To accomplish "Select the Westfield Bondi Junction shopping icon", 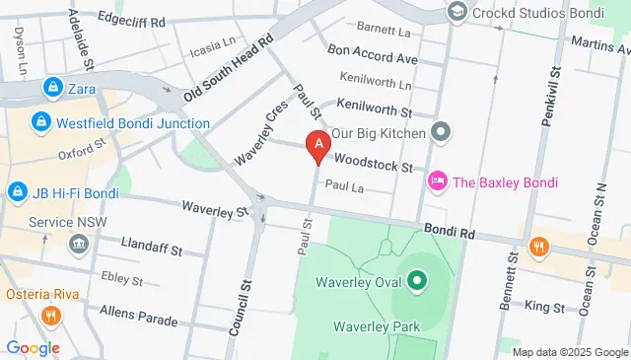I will pyautogui.click(x=40, y=123).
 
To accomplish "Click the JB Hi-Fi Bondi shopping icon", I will pyautogui.click(x=16, y=190).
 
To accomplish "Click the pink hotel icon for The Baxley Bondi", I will pyautogui.click(x=437, y=181).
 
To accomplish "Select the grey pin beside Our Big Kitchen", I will pyautogui.click(x=441, y=132).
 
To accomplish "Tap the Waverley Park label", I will pyautogui.click(x=377, y=326).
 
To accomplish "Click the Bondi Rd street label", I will pyautogui.click(x=451, y=231).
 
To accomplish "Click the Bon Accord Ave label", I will pyautogui.click(x=373, y=54).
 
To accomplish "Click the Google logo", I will pyautogui.click(x=33, y=347).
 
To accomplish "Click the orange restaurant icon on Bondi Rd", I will pyautogui.click(x=537, y=247).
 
